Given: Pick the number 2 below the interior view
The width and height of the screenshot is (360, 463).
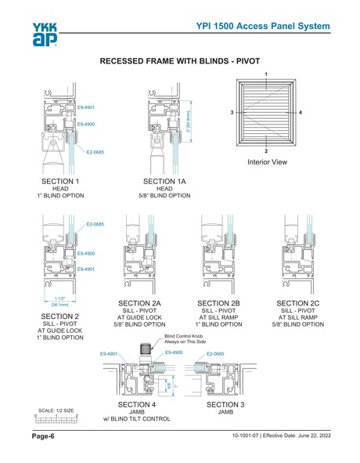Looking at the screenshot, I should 267,150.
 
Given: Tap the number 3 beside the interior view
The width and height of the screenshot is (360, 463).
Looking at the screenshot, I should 232,113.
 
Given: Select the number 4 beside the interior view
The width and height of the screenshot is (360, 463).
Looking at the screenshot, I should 301,113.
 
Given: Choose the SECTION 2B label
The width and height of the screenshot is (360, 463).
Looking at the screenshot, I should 219,302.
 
